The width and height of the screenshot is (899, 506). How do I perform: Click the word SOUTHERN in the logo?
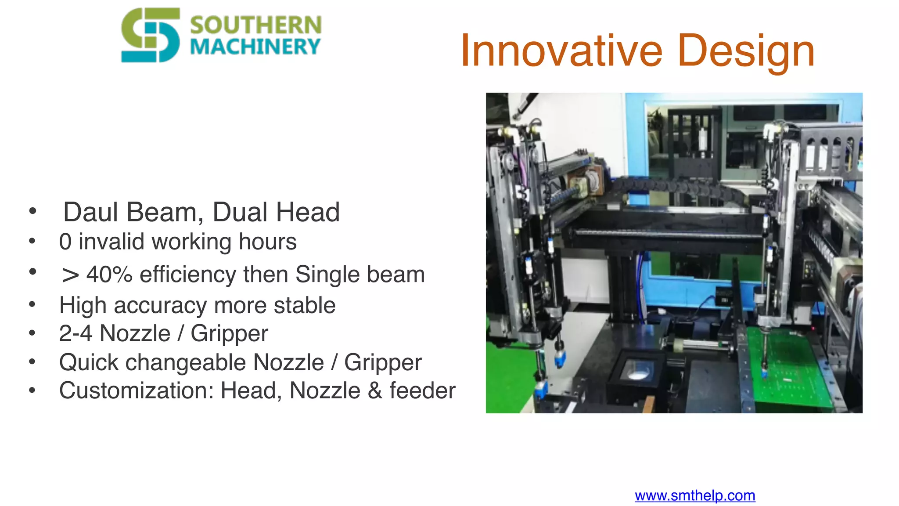tap(255, 25)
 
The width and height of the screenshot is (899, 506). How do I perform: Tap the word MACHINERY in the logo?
tap(255, 47)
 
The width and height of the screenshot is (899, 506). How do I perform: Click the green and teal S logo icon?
tap(150, 35)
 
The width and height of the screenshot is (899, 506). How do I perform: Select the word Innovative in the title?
tap(561, 51)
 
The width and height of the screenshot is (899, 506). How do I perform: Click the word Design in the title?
tap(746, 51)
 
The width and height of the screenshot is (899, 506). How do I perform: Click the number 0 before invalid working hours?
tap(65, 242)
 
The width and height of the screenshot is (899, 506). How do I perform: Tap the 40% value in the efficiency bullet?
tap(109, 275)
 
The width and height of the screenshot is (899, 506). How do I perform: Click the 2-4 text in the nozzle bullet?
tap(76, 333)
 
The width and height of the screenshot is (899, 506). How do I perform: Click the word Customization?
tap(136, 390)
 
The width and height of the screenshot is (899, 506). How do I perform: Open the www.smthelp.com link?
tap(695, 495)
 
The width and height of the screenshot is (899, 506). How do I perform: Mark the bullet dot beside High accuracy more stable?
tap(32, 304)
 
